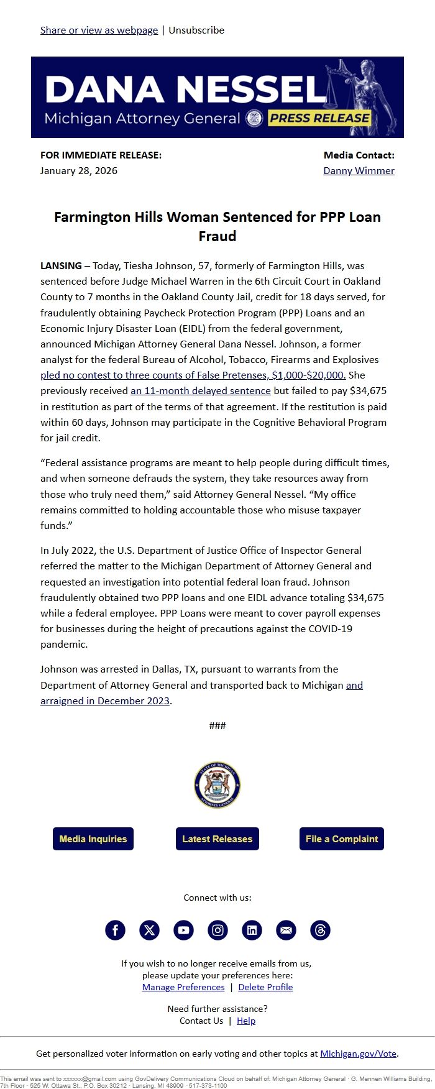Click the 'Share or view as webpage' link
[x=99, y=30]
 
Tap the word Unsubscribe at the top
[x=196, y=30]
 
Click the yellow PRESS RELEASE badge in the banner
[x=319, y=118]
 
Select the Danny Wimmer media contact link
[x=359, y=170]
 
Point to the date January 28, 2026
[x=79, y=170]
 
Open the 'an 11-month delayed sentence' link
[x=200, y=390]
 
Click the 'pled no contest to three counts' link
[x=193, y=375]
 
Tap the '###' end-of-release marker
[x=217, y=725]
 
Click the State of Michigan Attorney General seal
[x=217, y=785]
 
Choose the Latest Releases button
[x=217, y=839]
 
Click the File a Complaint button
[x=341, y=839]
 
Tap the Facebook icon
[x=115, y=930]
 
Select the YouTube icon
[x=183, y=930]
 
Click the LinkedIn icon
[x=252, y=930]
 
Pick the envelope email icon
[x=286, y=930]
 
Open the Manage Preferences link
[x=183, y=987]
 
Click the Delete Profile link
[x=265, y=987]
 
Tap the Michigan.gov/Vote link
[x=358, y=1054]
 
